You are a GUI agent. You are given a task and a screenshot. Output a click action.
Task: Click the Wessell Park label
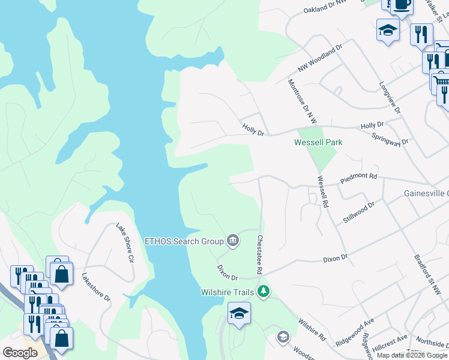[318, 142]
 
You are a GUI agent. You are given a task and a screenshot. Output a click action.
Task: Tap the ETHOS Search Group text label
[184, 241]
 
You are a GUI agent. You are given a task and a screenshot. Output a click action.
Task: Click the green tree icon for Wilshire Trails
[263, 292]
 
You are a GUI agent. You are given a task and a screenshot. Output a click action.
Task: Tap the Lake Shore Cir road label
[125, 242]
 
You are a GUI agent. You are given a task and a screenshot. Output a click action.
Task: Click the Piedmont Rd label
[358, 177]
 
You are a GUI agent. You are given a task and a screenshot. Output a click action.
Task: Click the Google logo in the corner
[20, 353]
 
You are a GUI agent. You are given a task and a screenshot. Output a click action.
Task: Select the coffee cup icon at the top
[401, 5]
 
